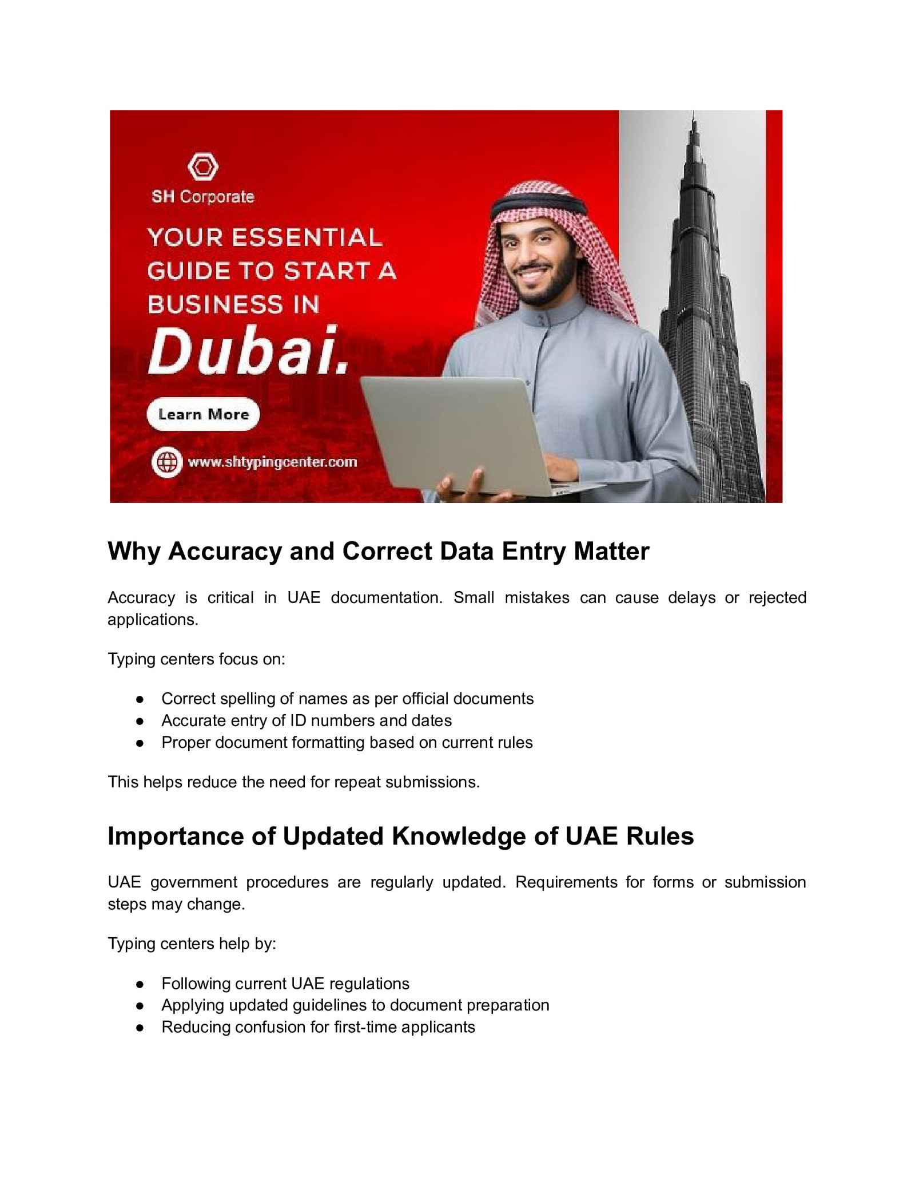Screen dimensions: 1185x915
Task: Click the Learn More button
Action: (x=203, y=414)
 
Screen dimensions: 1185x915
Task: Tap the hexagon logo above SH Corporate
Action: (x=203, y=167)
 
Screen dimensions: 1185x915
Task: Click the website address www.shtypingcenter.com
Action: (x=272, y=462)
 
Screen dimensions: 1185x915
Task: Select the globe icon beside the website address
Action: (x=167, y=462)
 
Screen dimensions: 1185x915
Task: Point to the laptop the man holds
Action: (x=457, y=435)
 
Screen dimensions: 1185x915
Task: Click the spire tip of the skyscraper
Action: (x=694, y=114)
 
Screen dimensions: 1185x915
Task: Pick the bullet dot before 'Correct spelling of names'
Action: (x=140, y=699)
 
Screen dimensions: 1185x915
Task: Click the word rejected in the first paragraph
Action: (x=777, y=597)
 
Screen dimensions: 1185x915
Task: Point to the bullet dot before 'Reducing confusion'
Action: (x=140, y=1028)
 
